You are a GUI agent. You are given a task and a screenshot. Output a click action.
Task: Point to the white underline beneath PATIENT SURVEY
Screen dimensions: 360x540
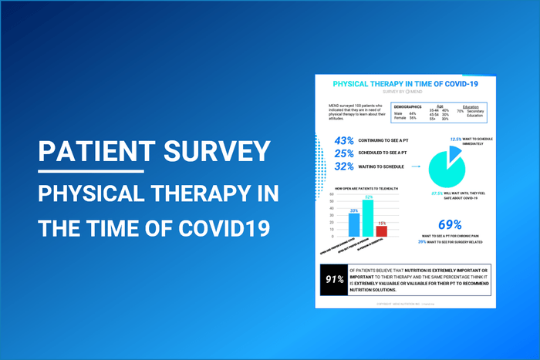click(91, 171)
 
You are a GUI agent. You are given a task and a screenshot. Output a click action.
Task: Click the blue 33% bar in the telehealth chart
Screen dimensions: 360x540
click(354, 224)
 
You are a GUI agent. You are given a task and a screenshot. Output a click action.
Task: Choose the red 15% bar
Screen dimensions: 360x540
click(381, 230)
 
